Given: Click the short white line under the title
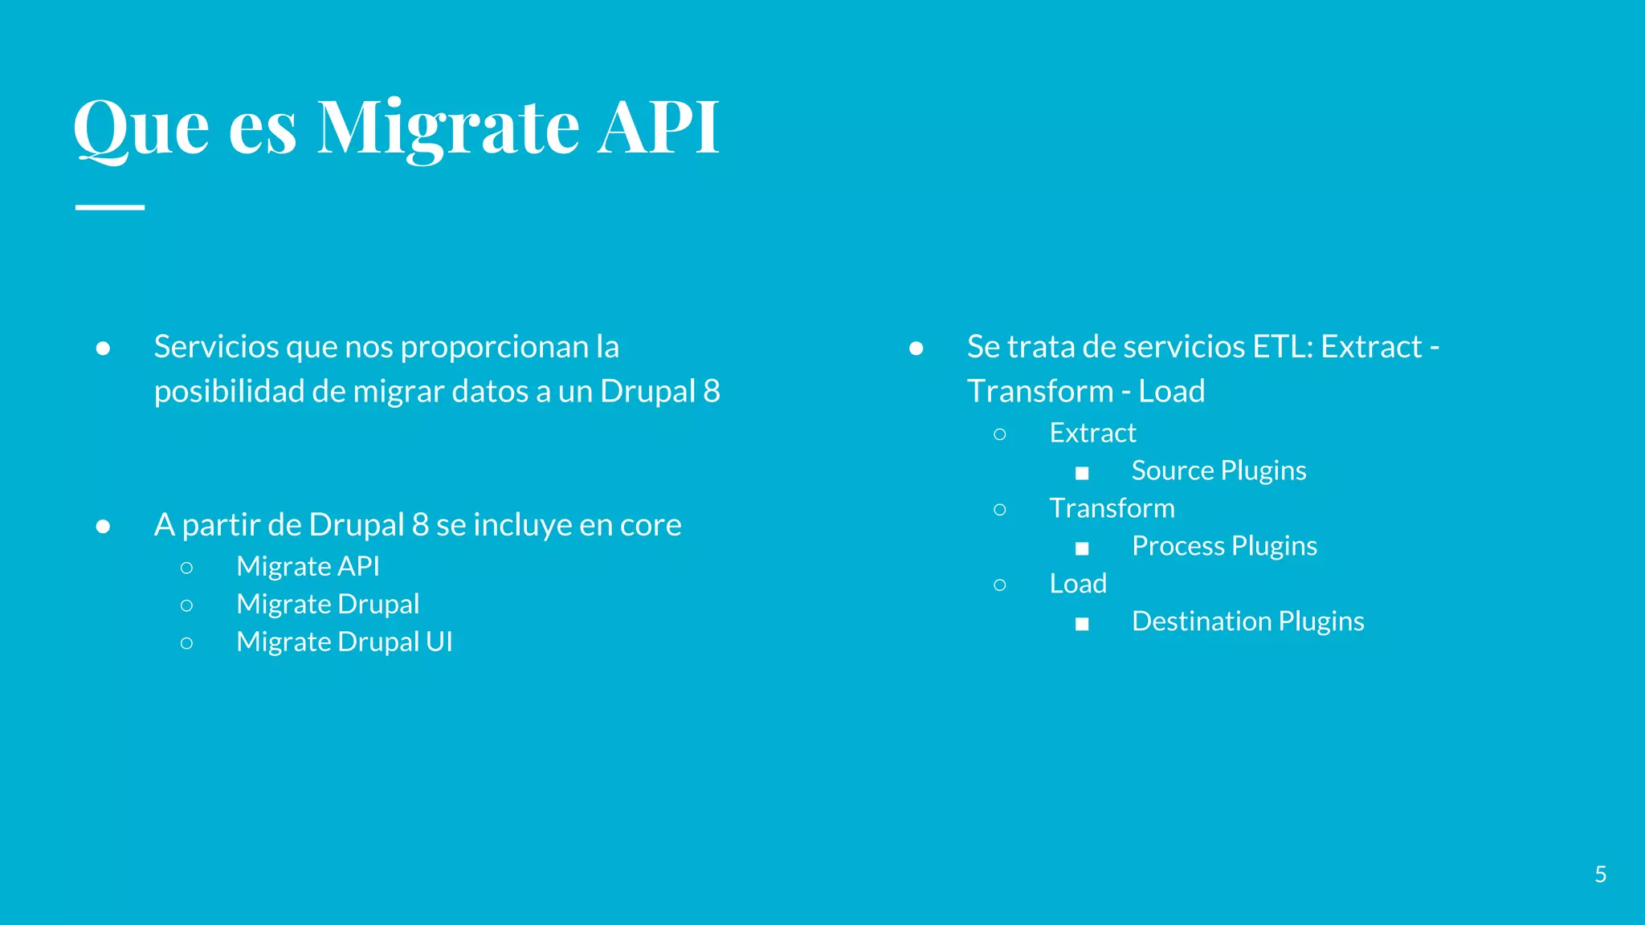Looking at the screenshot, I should click(110, 207).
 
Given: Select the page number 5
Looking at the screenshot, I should click(1600, 874).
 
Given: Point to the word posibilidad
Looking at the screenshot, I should click(230, 392).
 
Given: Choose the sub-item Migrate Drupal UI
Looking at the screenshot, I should click(344, 642).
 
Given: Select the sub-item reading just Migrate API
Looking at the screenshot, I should click(308, 566).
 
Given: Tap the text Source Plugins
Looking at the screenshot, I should click(1218, 471).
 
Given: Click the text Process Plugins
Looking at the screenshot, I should click(1224, 546).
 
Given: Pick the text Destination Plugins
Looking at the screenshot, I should click(1247, 621).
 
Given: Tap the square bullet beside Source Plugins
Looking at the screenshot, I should click(1082, 473).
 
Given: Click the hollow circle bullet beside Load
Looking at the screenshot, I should click(999, 585).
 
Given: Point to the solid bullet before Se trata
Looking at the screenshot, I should click(916, 348).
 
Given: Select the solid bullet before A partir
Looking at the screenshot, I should click(103, 527).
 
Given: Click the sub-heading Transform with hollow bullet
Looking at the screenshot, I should click(1112, 508).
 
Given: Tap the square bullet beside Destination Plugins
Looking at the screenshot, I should click(1082, 624).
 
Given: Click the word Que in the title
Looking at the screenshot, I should click(141, 128).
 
